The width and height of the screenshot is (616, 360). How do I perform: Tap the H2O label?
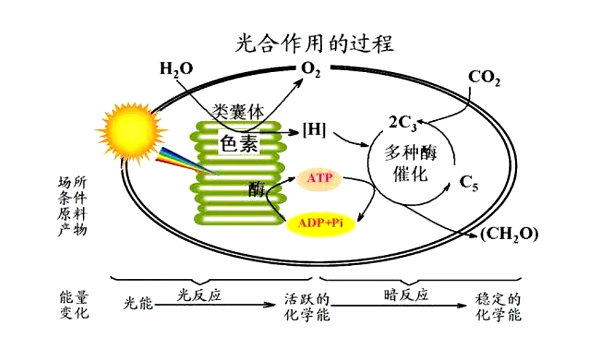[176, 69]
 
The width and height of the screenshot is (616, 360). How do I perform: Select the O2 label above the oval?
[311, 69]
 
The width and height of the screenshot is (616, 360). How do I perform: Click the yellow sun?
[130, 131]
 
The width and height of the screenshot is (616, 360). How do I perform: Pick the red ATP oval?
[319, 178]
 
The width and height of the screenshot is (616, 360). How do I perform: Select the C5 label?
[469, 183]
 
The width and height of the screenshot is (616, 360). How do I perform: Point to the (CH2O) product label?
[509, 234]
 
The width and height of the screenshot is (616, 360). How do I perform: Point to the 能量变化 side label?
[75, 304]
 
